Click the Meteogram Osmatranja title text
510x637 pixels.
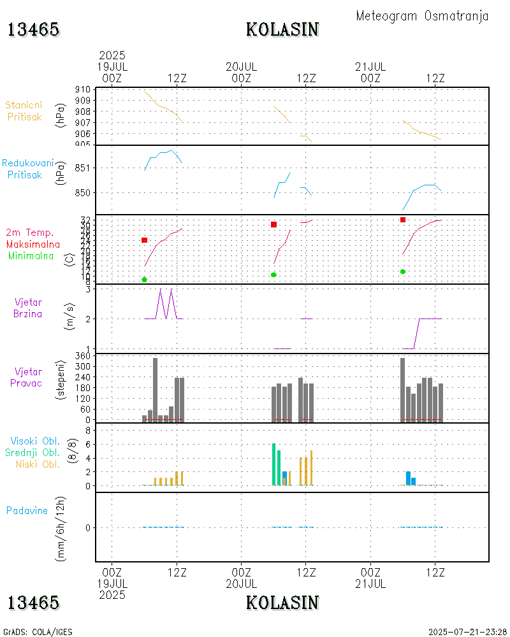[x=422, y=16]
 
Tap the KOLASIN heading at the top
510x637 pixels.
[x=282, y=29]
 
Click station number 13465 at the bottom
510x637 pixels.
[x=33, y=603]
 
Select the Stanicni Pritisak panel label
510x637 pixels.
[x=24, y=110]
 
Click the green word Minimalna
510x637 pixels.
[x=31, y=255]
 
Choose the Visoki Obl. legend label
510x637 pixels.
[x=35, y=441]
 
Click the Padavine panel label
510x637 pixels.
[x=27, y=510]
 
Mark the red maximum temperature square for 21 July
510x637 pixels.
[x=403, y=220]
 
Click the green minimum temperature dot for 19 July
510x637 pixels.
[x=145, y=280]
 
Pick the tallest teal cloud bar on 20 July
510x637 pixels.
[x=273, y=464]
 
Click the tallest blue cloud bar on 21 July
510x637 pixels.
[x=408, y=478]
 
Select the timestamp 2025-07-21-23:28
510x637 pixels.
[x=468, y=632]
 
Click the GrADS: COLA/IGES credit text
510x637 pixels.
[x=38, y=632]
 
